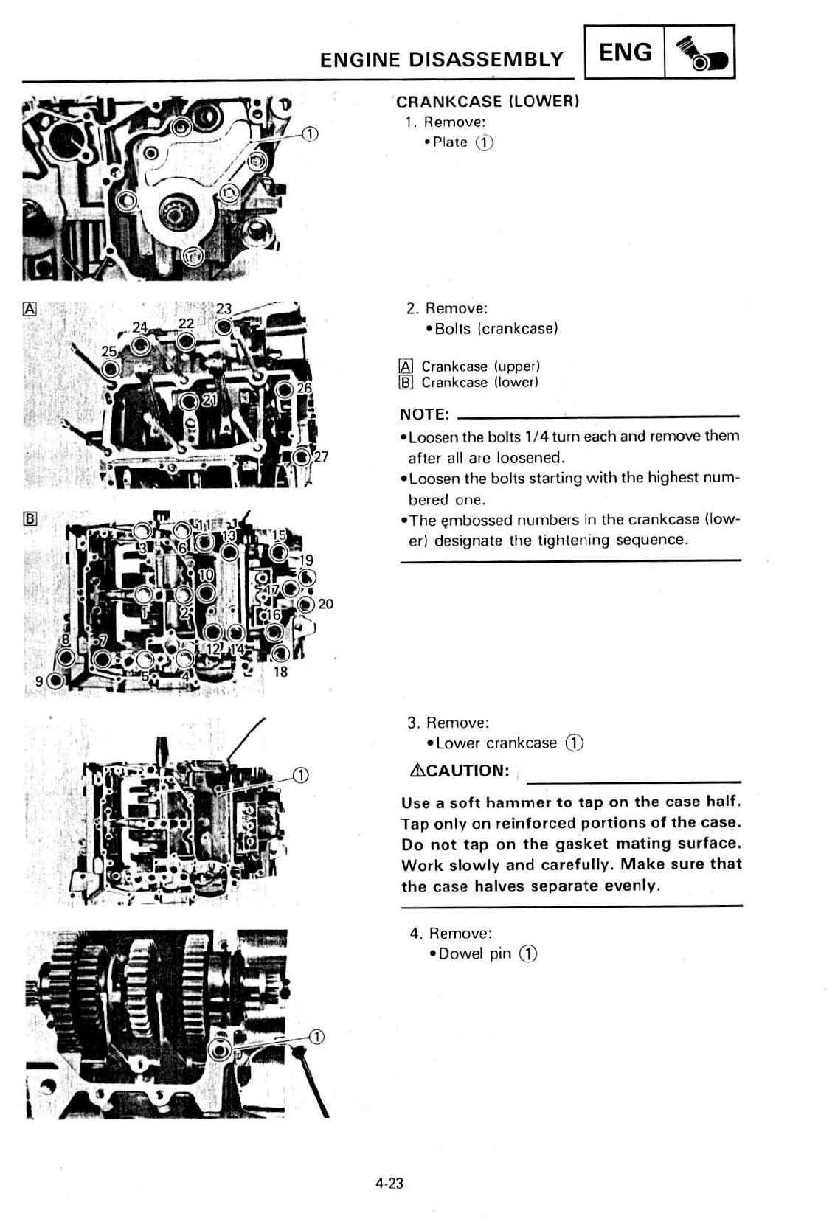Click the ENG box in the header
click(x=626, y=52)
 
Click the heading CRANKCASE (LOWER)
click(x=488, y=102)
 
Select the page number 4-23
click(x=389, y=1184)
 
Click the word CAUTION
click(x=467, y=771)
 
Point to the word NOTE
click(x=423, y=414)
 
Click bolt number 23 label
click(x=224, y=310)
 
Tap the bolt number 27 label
click(x=321, y=457)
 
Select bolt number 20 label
click(x=325, y=604)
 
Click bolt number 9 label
click(x=39, y=681)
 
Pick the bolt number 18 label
click(x=280, y=672)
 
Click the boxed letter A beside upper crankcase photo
click(x=30, y=309)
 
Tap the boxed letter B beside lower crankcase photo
click(x=30, y=518)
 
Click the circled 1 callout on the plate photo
click(x=311, y=133)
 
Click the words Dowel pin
click(x=474, y=953)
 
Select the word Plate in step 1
click(x=450, y=142)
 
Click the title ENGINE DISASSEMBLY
click(x=441, y=60)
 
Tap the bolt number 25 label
click(x=108, y=352)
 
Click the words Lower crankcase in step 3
click(x=496, y=743)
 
